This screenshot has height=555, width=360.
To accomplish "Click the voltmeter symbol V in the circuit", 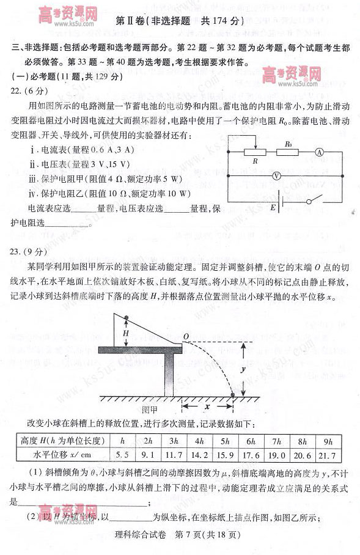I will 276,175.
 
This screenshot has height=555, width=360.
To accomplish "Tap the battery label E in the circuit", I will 273,208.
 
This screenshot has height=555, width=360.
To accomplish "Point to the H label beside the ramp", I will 125,334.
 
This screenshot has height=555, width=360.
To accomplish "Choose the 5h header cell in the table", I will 225,441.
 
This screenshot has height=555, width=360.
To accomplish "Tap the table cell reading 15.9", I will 225,455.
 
